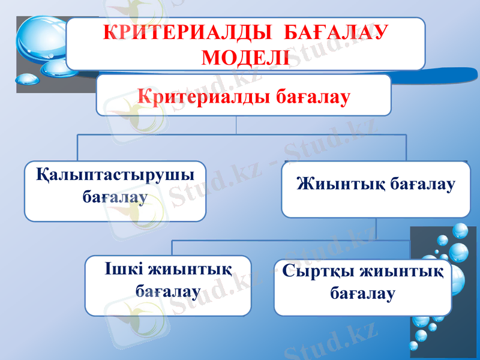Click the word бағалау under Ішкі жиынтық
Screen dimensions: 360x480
coord(168,292)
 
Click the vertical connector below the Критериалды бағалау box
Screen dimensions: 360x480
coord(238,125)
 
